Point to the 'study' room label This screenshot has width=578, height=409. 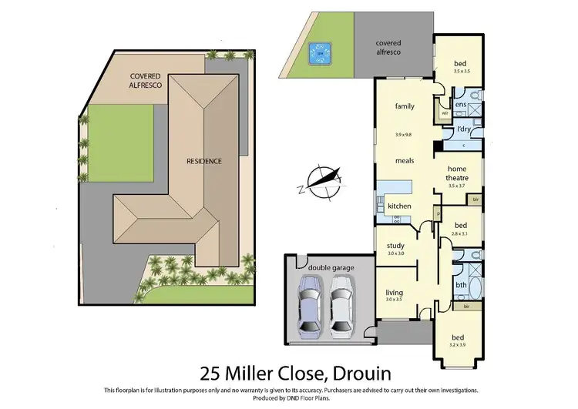(x=395, y=246)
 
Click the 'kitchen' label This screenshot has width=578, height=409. (x=399, y=206)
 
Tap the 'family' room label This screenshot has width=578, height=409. (x=405, y=106)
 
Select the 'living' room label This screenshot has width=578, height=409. (x=395, y=292)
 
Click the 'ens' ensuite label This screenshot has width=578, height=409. (x=460, y=104)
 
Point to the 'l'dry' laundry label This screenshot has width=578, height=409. (x=464, y=129)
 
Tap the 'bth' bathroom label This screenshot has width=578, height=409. (x=461, y=285)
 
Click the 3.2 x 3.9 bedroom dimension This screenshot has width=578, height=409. (x=458, y=344)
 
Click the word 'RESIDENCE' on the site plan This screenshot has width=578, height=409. (x=204, y=161)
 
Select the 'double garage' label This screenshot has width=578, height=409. (x=331, y=267)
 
